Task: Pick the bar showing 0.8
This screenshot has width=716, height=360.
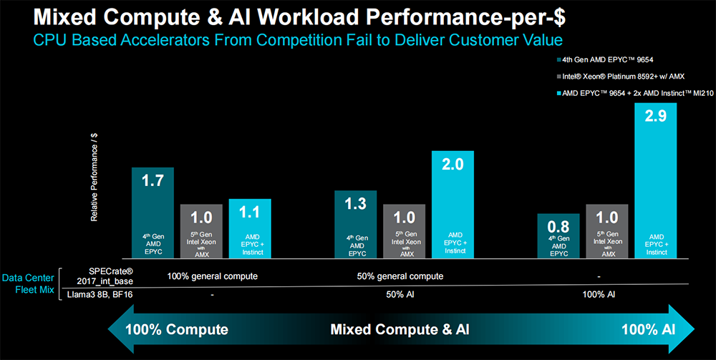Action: click(558, 236)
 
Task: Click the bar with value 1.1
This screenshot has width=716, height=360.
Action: click(250, 228)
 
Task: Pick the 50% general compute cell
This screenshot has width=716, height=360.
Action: click(400, 276)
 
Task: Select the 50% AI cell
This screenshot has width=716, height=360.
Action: click(400, 294)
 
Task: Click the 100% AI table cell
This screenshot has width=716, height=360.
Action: click(599, 294)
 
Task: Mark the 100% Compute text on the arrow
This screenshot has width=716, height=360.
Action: click(176, 330)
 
